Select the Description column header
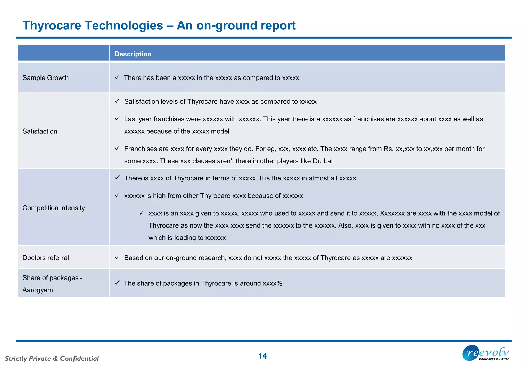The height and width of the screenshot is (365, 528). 133,54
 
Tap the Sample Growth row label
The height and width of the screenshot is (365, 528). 45,78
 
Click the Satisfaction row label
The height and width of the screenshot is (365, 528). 40,131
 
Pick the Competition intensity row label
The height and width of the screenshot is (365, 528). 53,208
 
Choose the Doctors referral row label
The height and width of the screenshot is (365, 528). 45,258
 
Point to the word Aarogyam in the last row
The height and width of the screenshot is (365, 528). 38,290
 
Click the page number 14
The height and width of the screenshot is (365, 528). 262,356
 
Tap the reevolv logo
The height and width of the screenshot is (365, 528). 485,353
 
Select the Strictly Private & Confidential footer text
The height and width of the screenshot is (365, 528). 52,358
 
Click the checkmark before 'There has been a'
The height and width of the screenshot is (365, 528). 117,77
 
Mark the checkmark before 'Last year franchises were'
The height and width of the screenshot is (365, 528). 117,119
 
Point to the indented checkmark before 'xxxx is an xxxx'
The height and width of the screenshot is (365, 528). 142,213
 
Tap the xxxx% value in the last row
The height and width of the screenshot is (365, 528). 272,283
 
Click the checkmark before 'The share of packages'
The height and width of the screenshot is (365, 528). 117,283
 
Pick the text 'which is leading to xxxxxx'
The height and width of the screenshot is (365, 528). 187,238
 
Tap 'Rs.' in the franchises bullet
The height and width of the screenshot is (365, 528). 388,149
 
